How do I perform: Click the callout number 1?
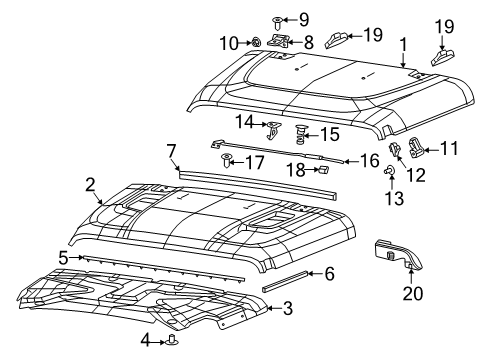click(403, 44)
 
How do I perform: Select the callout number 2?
click(91, 183)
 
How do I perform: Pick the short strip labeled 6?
click(287, 279)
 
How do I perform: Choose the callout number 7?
click(171, 151)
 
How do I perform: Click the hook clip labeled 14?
click(274, 127)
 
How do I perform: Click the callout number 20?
click(410, 294)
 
